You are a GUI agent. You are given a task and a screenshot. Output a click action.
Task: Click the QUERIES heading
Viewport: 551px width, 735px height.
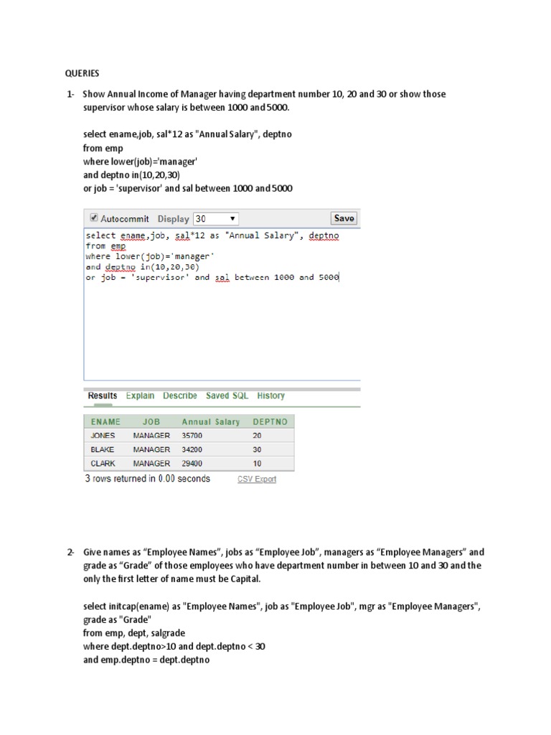click(83, 73)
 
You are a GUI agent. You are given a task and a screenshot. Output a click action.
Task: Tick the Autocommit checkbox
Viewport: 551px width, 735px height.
click(93, 218)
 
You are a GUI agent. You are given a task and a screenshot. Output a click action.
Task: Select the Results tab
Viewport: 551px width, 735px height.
click(102, 395)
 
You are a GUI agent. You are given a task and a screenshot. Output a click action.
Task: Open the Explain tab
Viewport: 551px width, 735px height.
click(140, 395)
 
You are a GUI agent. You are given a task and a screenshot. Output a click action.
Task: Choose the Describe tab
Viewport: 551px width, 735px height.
click(179, 395)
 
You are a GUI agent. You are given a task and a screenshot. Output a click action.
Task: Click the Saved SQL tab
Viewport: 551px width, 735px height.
click(227, 395)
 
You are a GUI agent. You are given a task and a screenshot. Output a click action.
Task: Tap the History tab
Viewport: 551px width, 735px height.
click(270, 395)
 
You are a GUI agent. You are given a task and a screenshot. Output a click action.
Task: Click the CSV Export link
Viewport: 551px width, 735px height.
click(257, 479)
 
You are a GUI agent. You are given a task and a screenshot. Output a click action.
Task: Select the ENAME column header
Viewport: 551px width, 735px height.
click(105, 421)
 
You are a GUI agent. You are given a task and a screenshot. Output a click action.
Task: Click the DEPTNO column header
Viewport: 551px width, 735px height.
click(270, 421)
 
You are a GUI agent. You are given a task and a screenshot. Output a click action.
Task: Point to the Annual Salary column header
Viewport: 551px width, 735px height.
click(211, 421)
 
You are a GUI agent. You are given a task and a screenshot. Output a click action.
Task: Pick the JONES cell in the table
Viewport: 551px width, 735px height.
click(103, 436)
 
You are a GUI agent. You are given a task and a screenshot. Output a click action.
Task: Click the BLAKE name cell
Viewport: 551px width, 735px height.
click(103, 449)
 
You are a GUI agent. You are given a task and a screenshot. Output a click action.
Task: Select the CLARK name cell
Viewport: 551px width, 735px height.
click(103, 464)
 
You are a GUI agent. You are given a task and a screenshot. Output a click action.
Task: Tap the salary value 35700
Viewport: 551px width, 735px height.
click(192, 436)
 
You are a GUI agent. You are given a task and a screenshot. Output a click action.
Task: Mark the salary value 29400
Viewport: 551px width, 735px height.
click(192, 464)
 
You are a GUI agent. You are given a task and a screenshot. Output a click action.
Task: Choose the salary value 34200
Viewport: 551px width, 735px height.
click(192, 449)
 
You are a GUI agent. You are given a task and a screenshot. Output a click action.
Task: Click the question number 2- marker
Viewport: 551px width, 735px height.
click(70, 552)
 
